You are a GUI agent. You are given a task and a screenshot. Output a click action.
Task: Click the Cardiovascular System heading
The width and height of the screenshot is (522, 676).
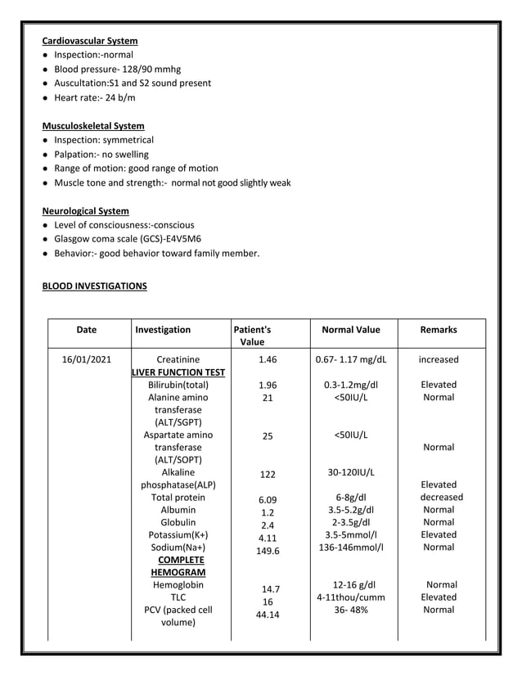90,41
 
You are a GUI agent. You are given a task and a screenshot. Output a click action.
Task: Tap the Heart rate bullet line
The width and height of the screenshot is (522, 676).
95,97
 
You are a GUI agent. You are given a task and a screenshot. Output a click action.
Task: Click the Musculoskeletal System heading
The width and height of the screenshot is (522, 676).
93,126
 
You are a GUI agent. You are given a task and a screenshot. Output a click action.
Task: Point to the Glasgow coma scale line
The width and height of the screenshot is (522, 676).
128,239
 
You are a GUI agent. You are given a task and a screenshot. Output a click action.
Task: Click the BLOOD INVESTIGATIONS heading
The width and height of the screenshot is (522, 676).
95,286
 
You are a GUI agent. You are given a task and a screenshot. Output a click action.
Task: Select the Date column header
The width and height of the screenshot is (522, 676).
86,330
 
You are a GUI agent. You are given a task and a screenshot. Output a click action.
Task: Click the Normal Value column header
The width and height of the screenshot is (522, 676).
351,330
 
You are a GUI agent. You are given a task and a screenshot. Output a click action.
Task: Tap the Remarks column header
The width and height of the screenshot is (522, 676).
439,330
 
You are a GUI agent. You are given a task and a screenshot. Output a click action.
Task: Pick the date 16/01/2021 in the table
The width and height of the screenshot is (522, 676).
87,359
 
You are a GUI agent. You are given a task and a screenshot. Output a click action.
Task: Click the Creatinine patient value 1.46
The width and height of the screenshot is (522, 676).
268,359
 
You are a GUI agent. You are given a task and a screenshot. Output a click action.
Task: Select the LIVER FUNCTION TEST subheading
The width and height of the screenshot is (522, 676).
179,372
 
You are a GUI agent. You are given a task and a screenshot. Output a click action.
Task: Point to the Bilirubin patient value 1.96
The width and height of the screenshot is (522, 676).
268,385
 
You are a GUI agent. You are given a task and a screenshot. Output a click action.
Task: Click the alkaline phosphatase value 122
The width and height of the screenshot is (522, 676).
268,475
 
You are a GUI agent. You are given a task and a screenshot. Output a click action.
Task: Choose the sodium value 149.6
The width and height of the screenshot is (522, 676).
268,551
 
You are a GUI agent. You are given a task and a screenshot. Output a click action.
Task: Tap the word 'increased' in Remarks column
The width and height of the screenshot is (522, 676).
439,359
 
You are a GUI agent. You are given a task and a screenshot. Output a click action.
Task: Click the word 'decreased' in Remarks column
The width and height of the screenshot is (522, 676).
441,498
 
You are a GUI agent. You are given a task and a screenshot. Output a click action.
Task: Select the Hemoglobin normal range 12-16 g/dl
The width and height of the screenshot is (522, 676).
351,585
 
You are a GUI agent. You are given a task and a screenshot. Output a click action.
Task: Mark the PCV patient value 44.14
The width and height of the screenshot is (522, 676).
268,615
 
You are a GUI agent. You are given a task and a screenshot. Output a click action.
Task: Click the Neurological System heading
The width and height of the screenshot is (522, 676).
86,210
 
